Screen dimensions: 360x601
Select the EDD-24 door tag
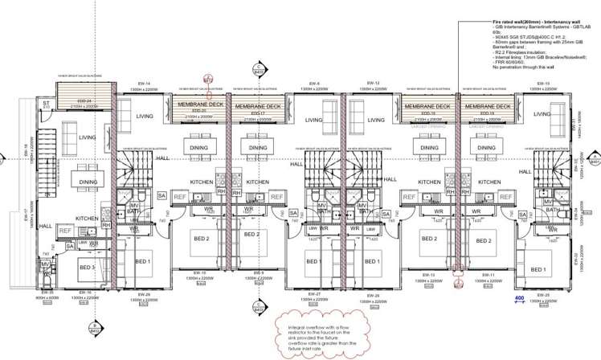point(78,100)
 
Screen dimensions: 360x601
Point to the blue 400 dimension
point(519,298)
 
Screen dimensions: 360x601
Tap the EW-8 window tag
point(314,84)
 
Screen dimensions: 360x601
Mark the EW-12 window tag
point(372,84)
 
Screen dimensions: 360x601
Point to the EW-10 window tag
point(200,272)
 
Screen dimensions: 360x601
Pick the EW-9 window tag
point(259,272)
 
